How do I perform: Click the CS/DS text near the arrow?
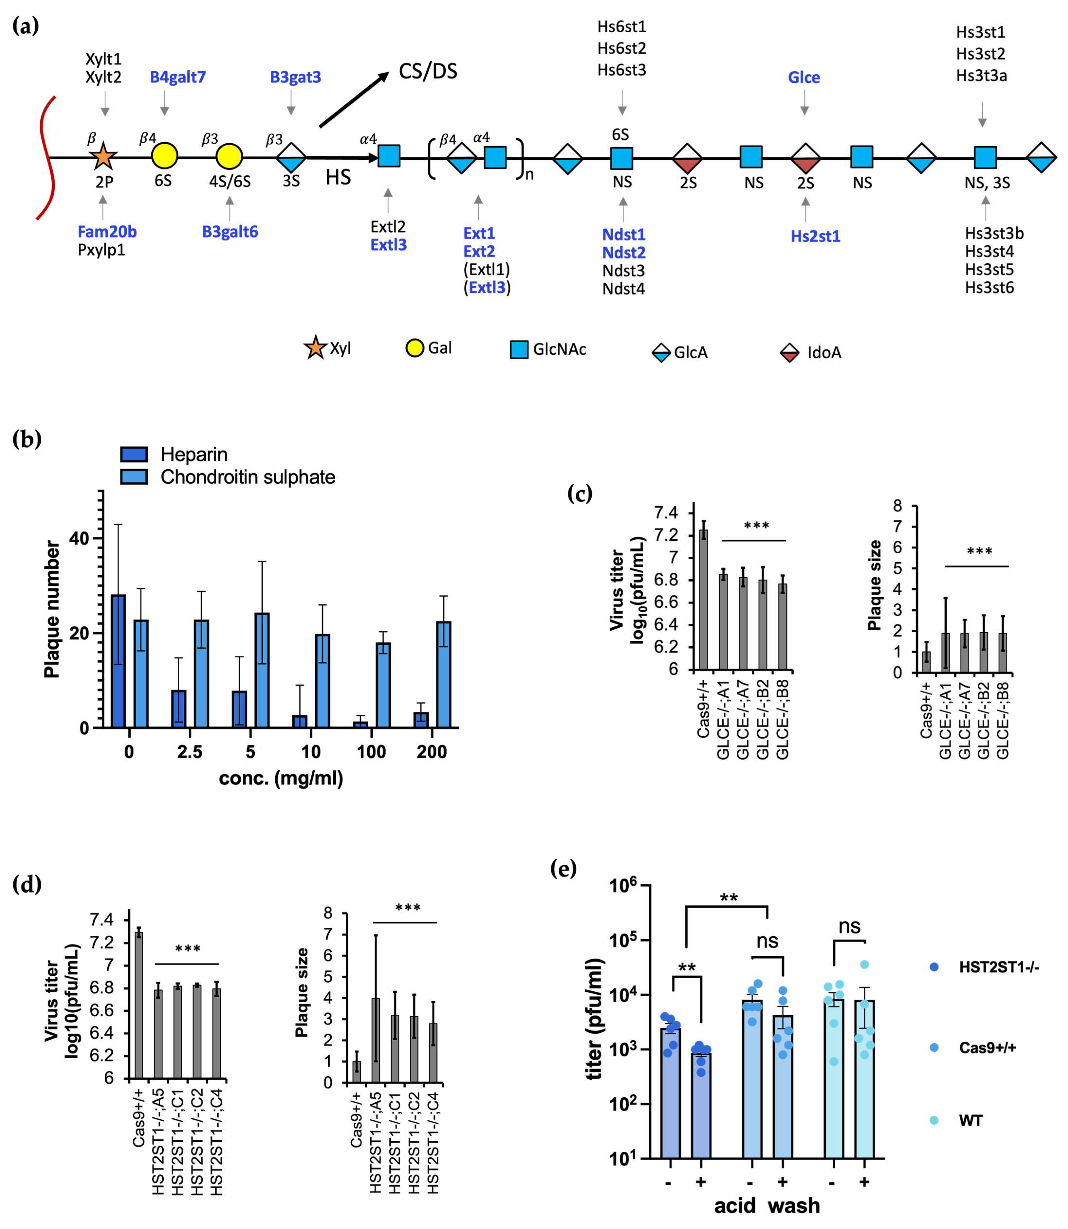(x=428, y=72)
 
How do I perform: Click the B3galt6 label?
(x=230, y=232)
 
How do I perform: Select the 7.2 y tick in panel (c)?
(x=666, y=535)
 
